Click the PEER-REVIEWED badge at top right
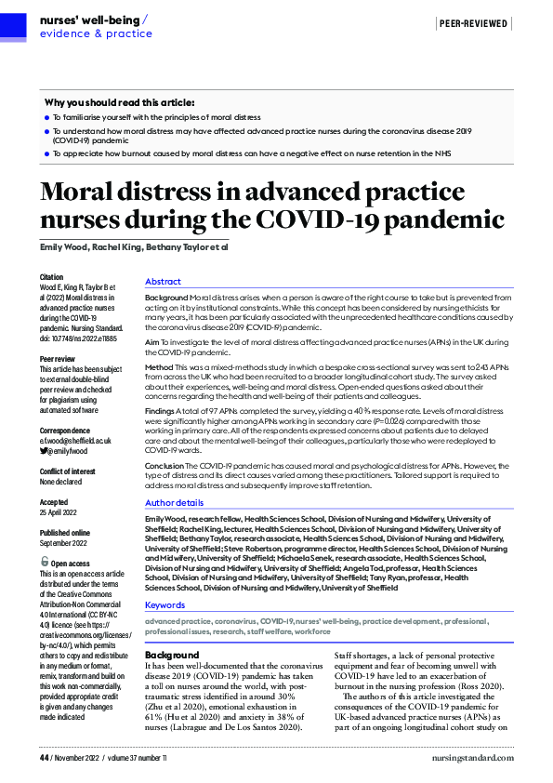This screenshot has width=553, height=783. pyautogui.click(x=474, y=23)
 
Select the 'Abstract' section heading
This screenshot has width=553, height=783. pyautogui.click(x=163, y=281)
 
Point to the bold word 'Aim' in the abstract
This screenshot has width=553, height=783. pyautogui.click(x=152, y=343)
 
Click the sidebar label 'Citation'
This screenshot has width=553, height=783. pyautogui.click(x=53, y=277)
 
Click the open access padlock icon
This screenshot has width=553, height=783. pyautogui.click(x=45, y=562)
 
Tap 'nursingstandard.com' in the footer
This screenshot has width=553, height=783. pyautogui.click(x=472, y=759)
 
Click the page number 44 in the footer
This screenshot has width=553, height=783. pyautogui.click(x=43, y=759)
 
